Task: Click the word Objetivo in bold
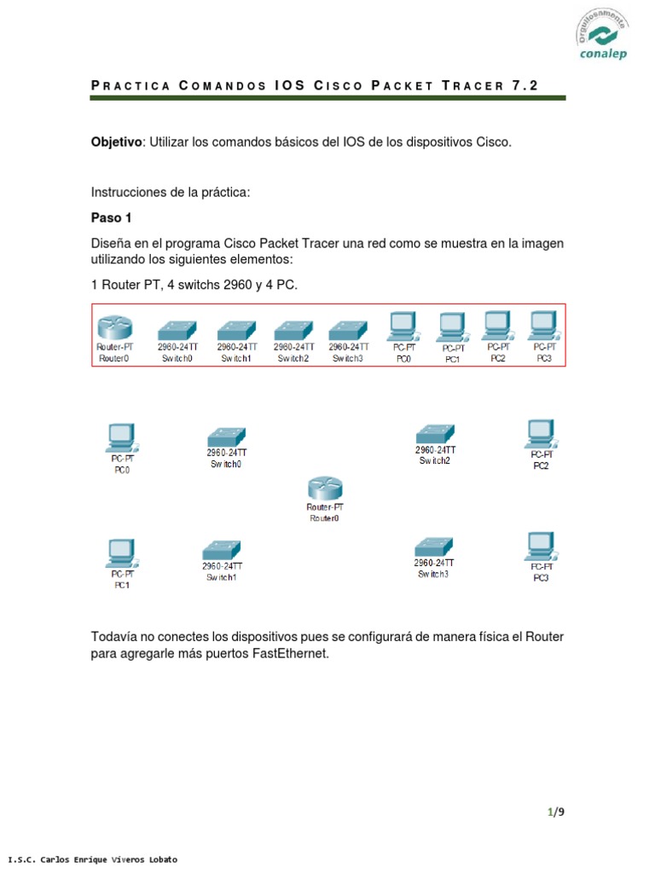point(117,142)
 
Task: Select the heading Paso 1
point(112,217)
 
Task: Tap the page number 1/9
point(556,812)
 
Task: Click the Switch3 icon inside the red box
point(348,329)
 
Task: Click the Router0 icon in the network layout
point(324,489)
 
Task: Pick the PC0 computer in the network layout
point(122,437)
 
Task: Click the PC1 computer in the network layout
point(122,554)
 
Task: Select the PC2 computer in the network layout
point(541,434)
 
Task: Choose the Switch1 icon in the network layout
point(221,549)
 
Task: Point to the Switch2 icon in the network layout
point(435,433)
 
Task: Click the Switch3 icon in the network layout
point(433,546)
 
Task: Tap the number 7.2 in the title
point(525,85)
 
